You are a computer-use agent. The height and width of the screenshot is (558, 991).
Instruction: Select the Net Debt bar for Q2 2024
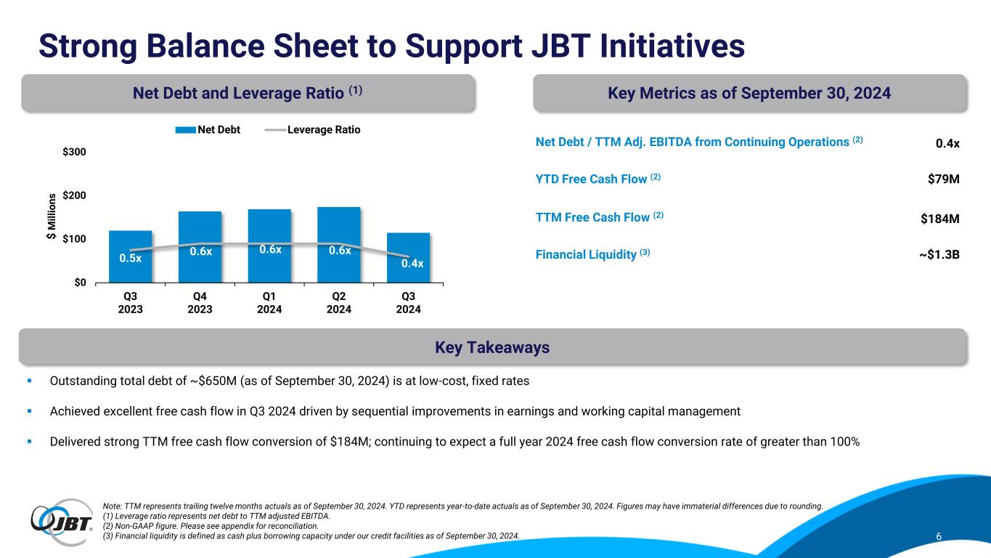(x=339, y=244)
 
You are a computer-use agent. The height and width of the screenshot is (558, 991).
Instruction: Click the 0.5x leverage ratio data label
(x=131, y=259)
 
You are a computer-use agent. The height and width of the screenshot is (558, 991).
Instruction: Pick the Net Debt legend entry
(x=208, y=130)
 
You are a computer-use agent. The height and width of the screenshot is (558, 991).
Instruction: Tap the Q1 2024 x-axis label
(x=269, y=302)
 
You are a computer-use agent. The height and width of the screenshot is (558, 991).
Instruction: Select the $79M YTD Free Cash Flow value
(x=944, y=179)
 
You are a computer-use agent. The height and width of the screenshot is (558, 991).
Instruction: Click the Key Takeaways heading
(x=492, y=348)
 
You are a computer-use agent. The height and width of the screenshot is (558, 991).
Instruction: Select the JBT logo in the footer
(x=62, y=518)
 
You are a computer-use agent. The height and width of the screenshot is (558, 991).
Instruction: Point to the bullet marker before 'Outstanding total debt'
(x=30, y=381)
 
